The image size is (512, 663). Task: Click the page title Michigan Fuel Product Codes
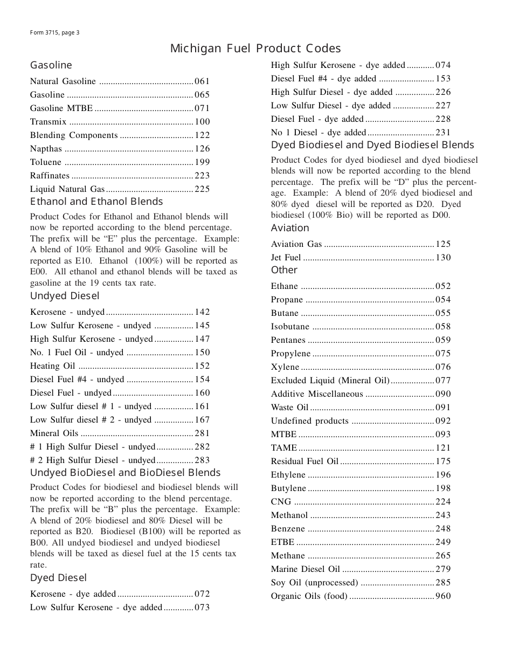pos(255,49)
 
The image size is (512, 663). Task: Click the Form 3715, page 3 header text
pos(55,32)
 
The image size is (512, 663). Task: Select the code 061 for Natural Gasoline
pos(202,81)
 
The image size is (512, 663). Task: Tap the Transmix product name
pos(45,122)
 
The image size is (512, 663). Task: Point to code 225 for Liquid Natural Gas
pos(202,189)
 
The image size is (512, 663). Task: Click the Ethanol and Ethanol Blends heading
pos(96,202)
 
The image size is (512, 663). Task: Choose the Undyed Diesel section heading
pos(65,296)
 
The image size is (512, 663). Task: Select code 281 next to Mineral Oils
pos(202,433)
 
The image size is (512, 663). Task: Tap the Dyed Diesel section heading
pos(58,578)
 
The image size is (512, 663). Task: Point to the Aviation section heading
pos(290,228)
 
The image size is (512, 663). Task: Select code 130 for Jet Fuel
pos(443,258)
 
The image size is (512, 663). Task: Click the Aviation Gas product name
pos(296,244)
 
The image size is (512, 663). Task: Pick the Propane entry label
pos(287,300)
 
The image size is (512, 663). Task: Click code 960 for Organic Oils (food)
pos(443,596)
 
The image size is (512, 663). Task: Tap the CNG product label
pos(281,502)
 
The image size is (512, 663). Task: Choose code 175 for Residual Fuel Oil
pos(443,461)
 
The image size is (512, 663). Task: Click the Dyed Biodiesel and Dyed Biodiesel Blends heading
pos(372,145)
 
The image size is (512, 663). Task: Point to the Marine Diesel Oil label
pos(306,569)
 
